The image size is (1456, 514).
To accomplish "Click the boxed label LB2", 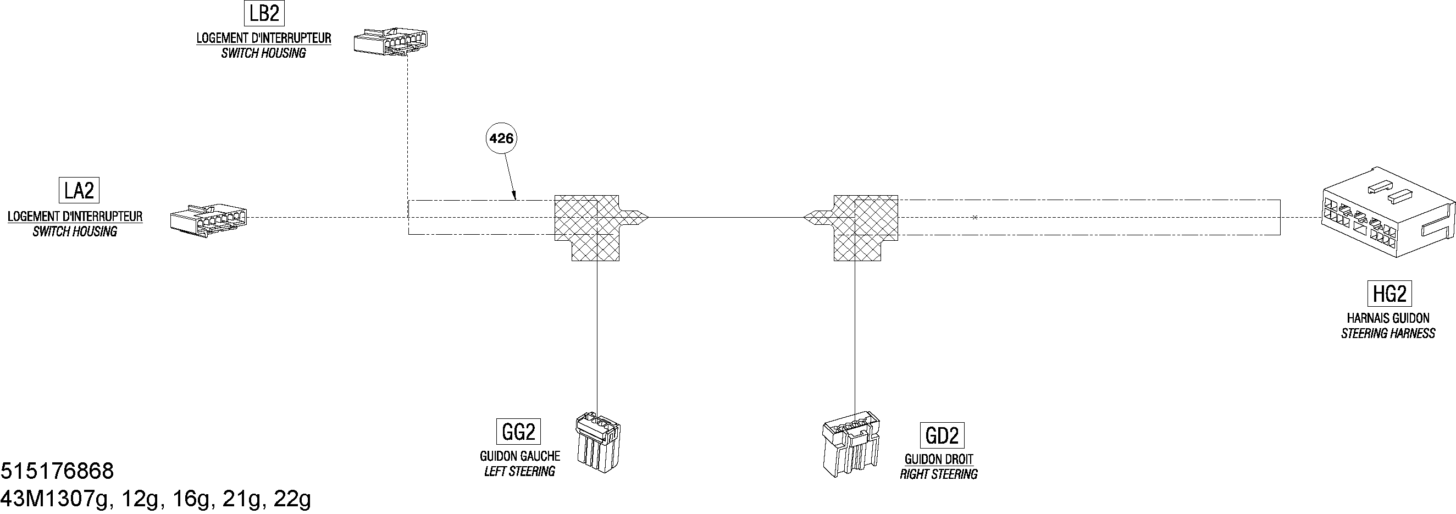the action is tap(264, 13).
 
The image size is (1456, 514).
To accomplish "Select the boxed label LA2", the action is tap(79, 191).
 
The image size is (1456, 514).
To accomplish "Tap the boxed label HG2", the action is tap(1390, 294).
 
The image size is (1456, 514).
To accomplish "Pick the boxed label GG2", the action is tap(518, 432).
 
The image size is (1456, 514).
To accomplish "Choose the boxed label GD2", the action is tap(942, 435).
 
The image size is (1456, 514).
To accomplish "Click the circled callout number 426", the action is tap(501, 139).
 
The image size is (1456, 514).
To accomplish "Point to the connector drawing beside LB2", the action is tap(391, 41).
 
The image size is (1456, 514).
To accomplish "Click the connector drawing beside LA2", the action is tap(208, 218).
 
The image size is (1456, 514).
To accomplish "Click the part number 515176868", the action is tap(57, 471).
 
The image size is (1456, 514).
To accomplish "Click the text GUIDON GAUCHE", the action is tap(520, 456).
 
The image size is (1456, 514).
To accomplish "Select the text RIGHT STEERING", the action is tap(939, 474).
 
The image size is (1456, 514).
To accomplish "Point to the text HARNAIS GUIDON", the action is tap(1388, 318).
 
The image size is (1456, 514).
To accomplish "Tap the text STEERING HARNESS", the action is tap(1388, 334).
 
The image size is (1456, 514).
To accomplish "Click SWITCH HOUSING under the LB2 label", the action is tap(263, 53).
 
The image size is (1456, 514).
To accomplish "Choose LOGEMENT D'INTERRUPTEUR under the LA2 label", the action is tap(75, 217).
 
